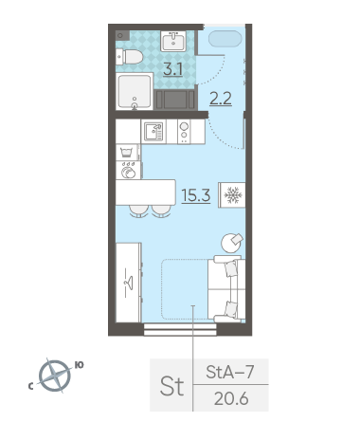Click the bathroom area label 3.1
point(172,69)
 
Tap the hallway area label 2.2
point(221,98)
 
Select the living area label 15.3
point(196,195)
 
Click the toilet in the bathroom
point(130,57)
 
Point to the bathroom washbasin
point(173,41)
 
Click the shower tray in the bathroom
point(135,91)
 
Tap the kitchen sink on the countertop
point(153,132)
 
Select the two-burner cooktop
point(184,132)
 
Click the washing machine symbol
point(128,153)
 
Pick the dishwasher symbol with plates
point(129,171)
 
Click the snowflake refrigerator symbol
point(232,195)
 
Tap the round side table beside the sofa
point(232,243)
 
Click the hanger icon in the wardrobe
point(129,283)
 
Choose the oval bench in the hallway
point(225,39)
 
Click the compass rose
point(55,376)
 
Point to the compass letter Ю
point(79,365)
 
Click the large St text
point(171,386)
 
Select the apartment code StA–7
point(230,372)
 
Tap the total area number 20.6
point(231,398)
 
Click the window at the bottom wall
point(180,329)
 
